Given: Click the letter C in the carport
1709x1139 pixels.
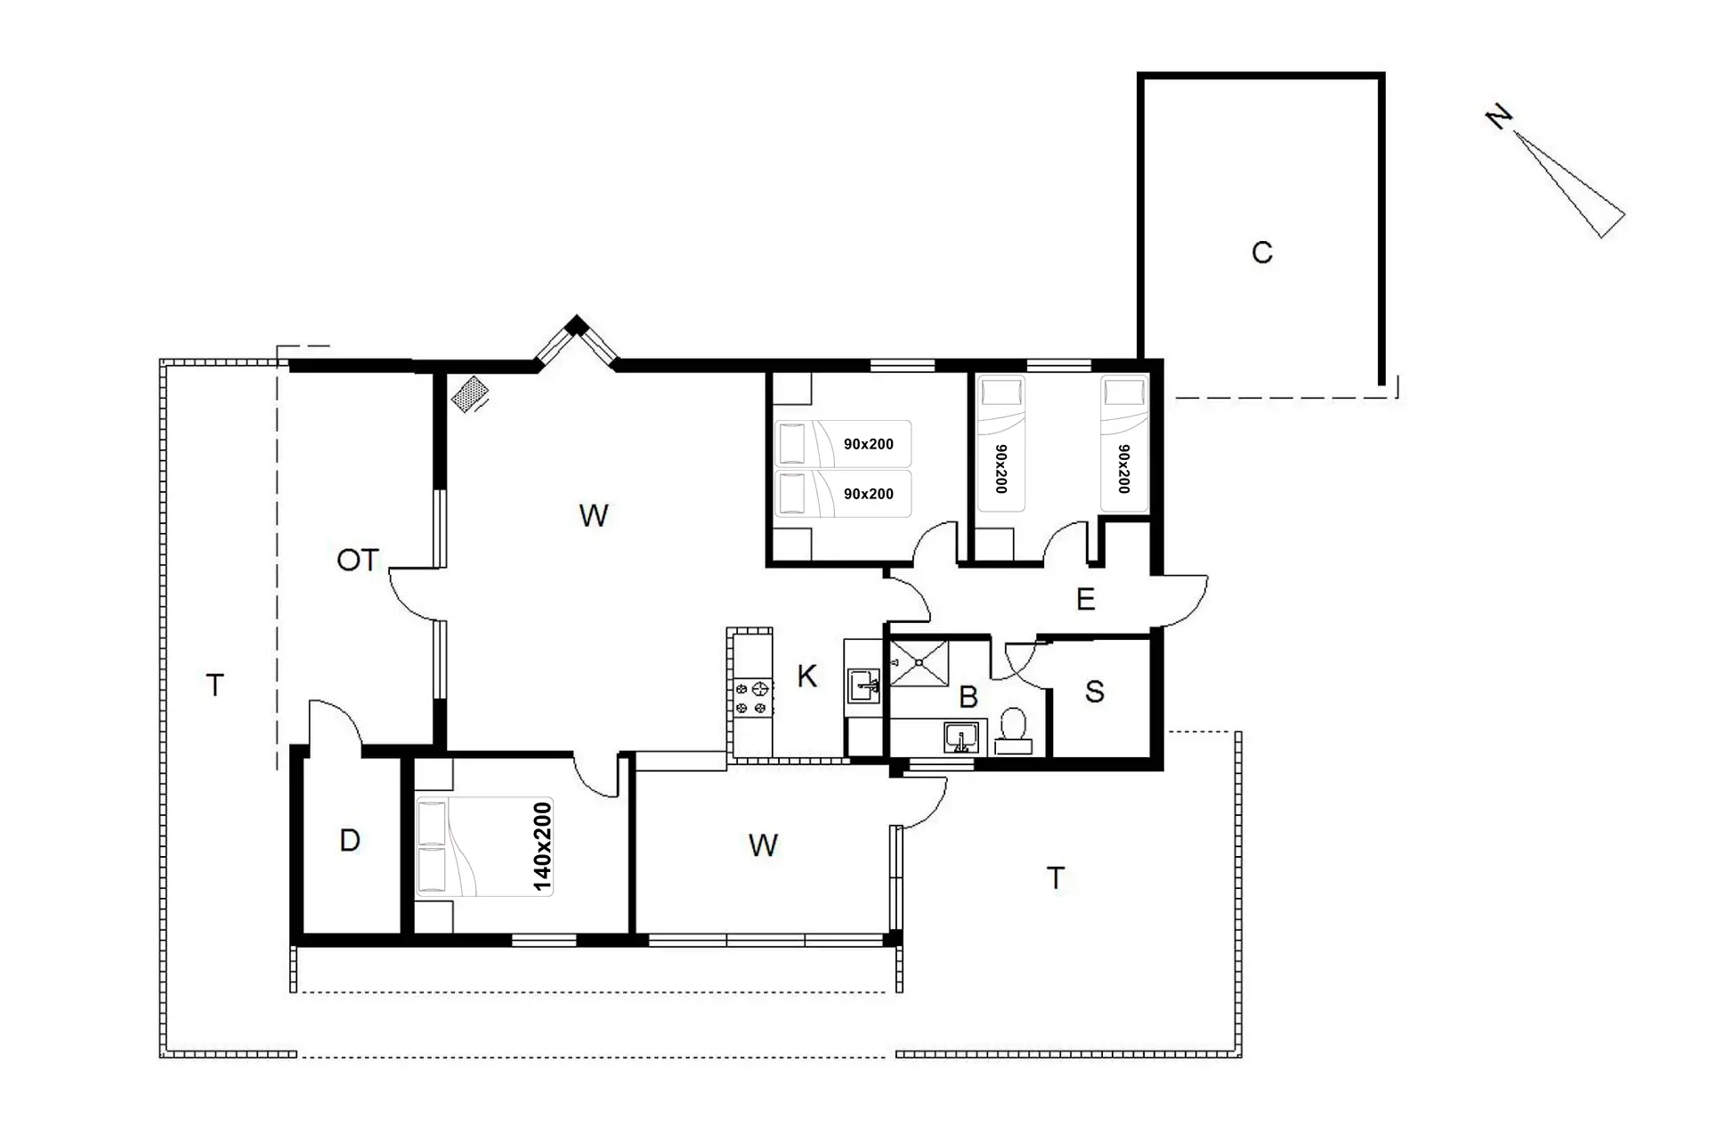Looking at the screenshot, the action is coord(1261,253).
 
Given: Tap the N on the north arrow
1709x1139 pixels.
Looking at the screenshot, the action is coord(1499,117).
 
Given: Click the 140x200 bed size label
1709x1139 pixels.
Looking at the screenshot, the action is coord(542,846).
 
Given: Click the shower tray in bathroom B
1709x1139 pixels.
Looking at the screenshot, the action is coord(919,663).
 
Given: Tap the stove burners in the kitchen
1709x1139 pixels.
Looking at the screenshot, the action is coord(752,698).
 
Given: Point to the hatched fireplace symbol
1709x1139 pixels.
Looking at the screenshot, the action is coord(470,393).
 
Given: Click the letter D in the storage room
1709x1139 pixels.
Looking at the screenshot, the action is coord(350,840).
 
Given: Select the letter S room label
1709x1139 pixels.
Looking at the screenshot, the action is coord(1095,691).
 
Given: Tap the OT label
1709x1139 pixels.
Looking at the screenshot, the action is coord(358,560).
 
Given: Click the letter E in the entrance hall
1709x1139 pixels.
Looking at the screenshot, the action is coord(1085,599).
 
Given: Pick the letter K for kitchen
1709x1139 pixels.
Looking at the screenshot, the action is coord(806,676).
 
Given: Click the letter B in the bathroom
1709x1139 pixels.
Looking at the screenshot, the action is coord(968,697).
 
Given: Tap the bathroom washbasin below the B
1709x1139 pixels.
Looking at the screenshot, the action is coord(961,738).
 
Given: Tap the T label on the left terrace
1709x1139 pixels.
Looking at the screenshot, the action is coord(214,685).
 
